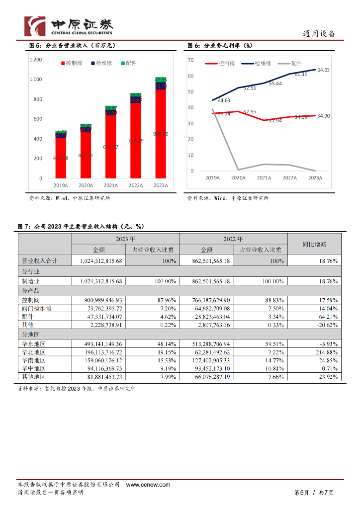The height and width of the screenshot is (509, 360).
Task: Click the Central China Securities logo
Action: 69,26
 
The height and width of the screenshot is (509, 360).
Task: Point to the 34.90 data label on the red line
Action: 323,116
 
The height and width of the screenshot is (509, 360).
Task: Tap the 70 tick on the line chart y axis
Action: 190,60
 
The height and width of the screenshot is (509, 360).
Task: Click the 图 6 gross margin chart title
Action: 220,46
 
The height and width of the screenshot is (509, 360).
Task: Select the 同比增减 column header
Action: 315,244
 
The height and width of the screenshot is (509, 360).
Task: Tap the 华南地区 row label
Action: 33,360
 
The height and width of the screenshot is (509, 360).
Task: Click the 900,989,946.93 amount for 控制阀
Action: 100,300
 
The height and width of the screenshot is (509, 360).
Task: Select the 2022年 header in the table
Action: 233,239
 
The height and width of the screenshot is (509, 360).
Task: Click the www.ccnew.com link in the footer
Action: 148,485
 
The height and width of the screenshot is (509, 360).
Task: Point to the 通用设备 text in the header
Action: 319,34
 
